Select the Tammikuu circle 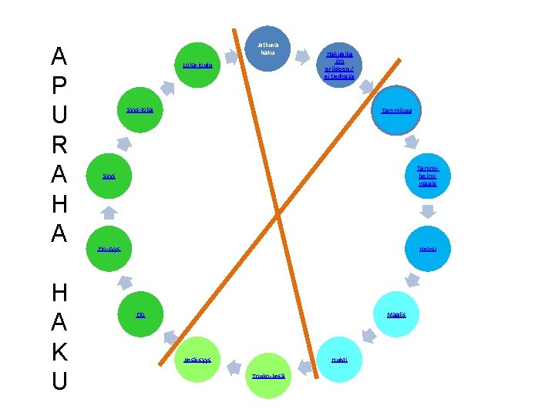(x=396, y=111)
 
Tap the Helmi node (x=427, y=249)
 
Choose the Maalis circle (x=395, y=314)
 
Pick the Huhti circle (x=339, y=360)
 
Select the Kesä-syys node (x=197, y=360)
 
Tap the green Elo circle (x=141, y=314)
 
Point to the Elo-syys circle (x=109, y=249)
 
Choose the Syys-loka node (x=140, y=111)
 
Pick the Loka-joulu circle (x=197, y=65)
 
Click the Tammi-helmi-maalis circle (x=427, y=176)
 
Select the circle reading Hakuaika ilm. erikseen (x=339, y=65)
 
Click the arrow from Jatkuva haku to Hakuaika (x=305, y=49)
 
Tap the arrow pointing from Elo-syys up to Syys (x=109, y=213)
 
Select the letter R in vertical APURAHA (x=59, y=145)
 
